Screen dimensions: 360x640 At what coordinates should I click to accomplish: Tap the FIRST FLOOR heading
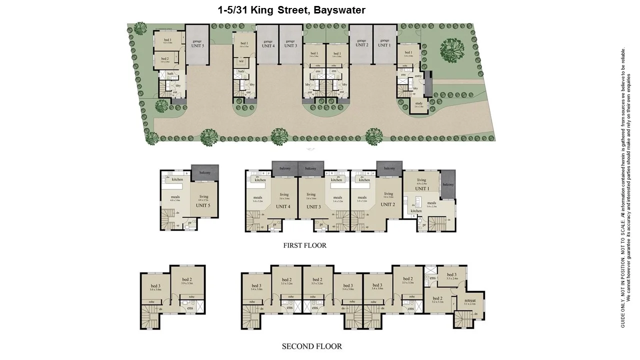(x=304, y=245)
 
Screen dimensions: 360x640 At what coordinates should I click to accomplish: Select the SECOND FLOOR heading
(x=312, y=346)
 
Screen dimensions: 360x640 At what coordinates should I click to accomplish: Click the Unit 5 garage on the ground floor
(x=197, y=44)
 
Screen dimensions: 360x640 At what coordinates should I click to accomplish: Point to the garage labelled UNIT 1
(x=384, y=44)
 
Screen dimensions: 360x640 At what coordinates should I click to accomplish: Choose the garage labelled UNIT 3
(x=290, y=44)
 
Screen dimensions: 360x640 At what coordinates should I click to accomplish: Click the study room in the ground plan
(x=418, y=104)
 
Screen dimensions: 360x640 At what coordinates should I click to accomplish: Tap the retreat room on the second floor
(x=470, y=302)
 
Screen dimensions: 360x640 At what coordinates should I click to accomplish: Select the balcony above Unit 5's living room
(x=205, y=173)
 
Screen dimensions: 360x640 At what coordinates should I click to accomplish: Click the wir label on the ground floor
(x=241, y=61)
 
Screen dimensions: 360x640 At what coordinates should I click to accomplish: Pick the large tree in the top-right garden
(x=452, y=49)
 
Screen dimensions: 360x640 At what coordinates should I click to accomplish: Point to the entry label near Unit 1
(x=418, y=76)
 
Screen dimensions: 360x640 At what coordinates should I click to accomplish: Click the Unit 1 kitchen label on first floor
(x=416, y=211)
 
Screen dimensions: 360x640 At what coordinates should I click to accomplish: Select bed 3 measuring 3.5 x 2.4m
(x=451, y=276)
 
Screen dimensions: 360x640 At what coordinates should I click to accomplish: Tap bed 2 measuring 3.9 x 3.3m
(x=186, y=281)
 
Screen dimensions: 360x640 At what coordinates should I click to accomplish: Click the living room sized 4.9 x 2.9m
(x=421, y=181)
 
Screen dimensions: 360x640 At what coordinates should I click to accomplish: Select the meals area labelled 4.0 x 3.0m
(x=175, y=198)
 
